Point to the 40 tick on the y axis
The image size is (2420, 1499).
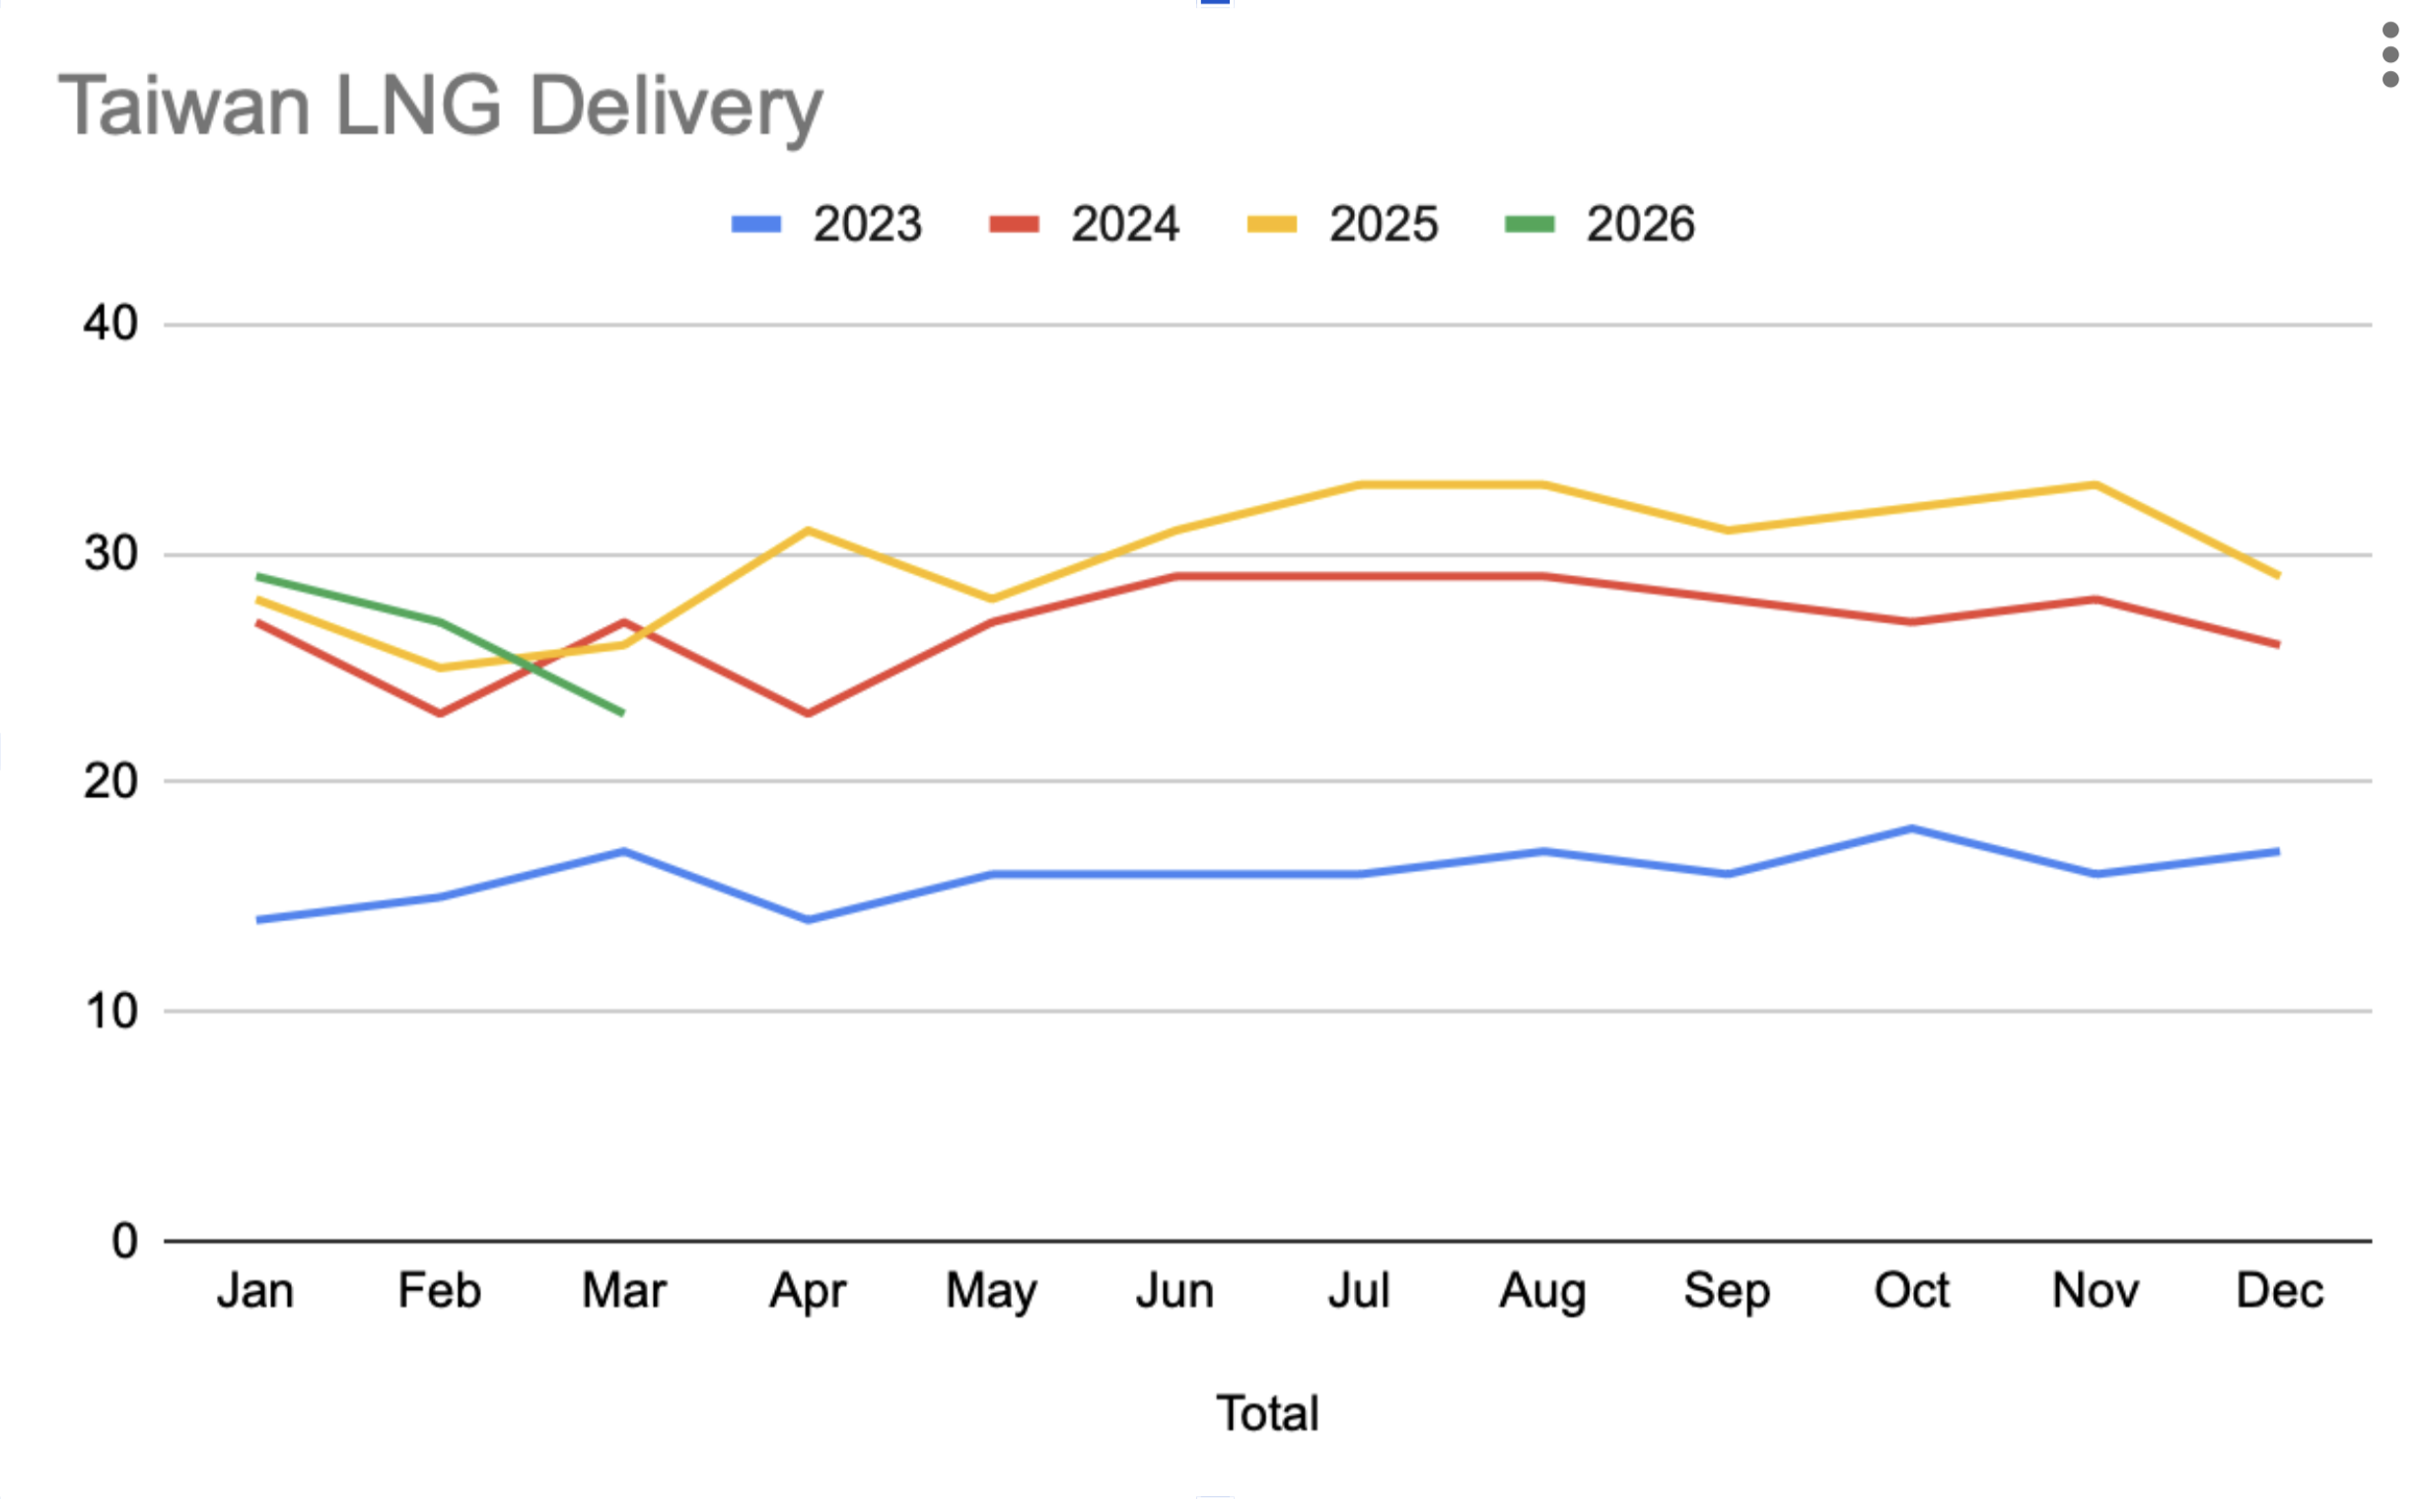(110, 323)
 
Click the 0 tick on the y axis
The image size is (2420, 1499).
(124, 1241)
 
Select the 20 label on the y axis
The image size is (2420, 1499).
(110, 781)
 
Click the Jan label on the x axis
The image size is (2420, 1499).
(255, 1291)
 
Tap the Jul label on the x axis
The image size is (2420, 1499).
(1358, 1291)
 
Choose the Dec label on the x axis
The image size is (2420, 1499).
(2279, 1291)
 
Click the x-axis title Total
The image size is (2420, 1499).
(1267, 1413)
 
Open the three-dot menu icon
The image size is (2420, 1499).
(2390, 54)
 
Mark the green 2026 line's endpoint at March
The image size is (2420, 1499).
(622, 713)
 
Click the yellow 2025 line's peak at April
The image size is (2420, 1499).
(808, 530)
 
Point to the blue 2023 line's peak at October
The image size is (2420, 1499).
(1911, 827)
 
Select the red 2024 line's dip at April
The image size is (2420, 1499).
(808, 713)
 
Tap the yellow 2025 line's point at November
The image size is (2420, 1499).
(2095, 485)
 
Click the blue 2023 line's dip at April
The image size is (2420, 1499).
(808, 920)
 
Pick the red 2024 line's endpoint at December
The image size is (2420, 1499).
(2278, 644)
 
